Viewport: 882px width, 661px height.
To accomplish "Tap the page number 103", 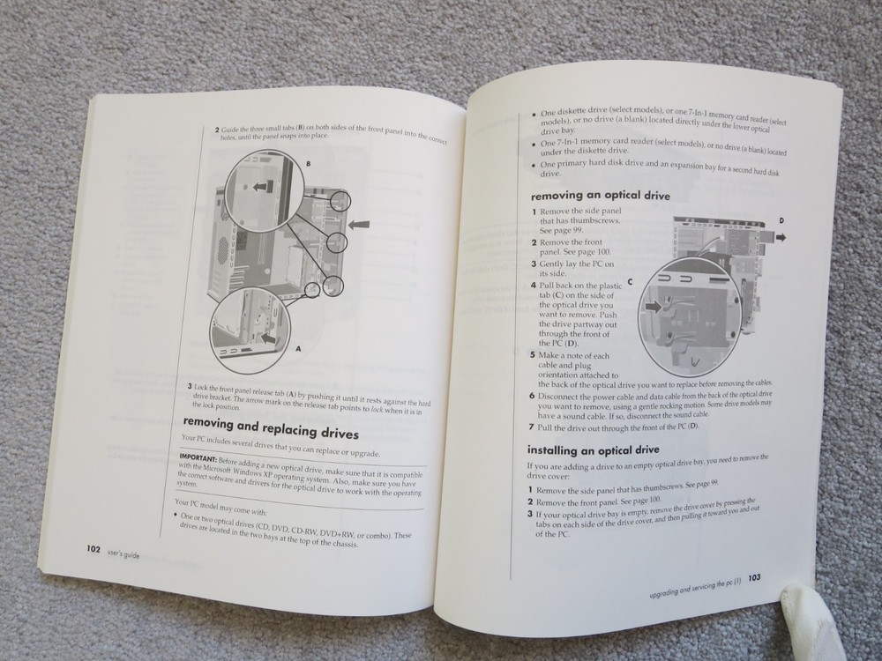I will pos(754,579).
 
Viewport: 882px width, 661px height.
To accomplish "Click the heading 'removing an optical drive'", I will pos(600,196).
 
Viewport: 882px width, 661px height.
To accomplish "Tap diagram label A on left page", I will pos(298,349).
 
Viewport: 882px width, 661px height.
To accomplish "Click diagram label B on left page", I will pos(307,164).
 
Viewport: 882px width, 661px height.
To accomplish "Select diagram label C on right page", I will pos(631,282).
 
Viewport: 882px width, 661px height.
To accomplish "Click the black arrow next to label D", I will pos(782,236).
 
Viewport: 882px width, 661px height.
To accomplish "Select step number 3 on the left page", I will pos(189,386).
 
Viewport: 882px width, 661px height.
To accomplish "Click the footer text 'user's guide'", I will pos(123,553).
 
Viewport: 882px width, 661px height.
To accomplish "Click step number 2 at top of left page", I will pos(218,130).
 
